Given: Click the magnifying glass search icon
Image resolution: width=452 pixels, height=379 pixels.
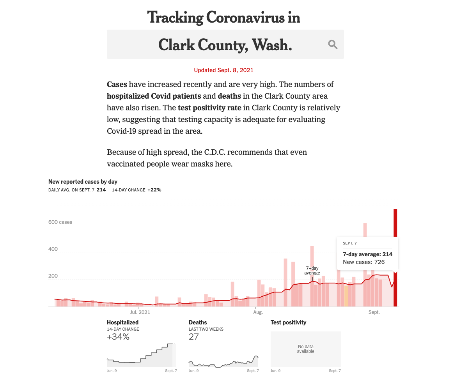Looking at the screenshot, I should pos(333,44).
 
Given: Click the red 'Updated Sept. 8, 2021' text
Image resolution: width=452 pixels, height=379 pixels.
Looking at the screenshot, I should pos(223,70).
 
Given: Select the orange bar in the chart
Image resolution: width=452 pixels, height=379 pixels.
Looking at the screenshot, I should pos(346,296).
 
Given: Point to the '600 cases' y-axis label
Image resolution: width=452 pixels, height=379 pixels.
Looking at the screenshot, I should pos(60,222).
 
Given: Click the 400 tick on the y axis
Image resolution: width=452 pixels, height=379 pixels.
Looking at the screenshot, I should pos(53,249).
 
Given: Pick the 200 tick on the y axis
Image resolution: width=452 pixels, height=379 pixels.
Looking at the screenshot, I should pos(53,276).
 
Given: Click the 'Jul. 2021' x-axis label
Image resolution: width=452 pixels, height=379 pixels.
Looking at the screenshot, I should pos(140,312).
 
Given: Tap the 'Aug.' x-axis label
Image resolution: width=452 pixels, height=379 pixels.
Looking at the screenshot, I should pos(258,312).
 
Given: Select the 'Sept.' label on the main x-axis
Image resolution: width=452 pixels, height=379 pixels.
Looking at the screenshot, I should pos(374,312).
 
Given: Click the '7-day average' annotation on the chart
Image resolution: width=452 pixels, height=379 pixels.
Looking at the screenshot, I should pos(312,271).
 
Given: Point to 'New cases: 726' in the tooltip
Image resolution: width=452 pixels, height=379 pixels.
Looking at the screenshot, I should pos(363,262).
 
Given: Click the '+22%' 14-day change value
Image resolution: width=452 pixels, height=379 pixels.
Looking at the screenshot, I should pos(154,190).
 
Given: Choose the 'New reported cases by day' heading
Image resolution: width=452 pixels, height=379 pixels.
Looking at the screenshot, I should pos(83,182).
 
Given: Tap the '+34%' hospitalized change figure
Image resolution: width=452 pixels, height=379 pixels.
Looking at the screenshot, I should pos(118,337).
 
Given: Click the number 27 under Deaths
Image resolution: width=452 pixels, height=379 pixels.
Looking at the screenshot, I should pos(193,337).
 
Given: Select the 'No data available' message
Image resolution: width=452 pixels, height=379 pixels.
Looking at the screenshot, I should pos(305,349).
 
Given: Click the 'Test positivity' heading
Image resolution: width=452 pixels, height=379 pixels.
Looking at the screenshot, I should pos(288,322).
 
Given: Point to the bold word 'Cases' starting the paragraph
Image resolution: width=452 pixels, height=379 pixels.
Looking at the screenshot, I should pos(117,85).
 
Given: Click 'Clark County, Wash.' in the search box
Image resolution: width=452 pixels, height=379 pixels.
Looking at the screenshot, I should pos(225,45).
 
